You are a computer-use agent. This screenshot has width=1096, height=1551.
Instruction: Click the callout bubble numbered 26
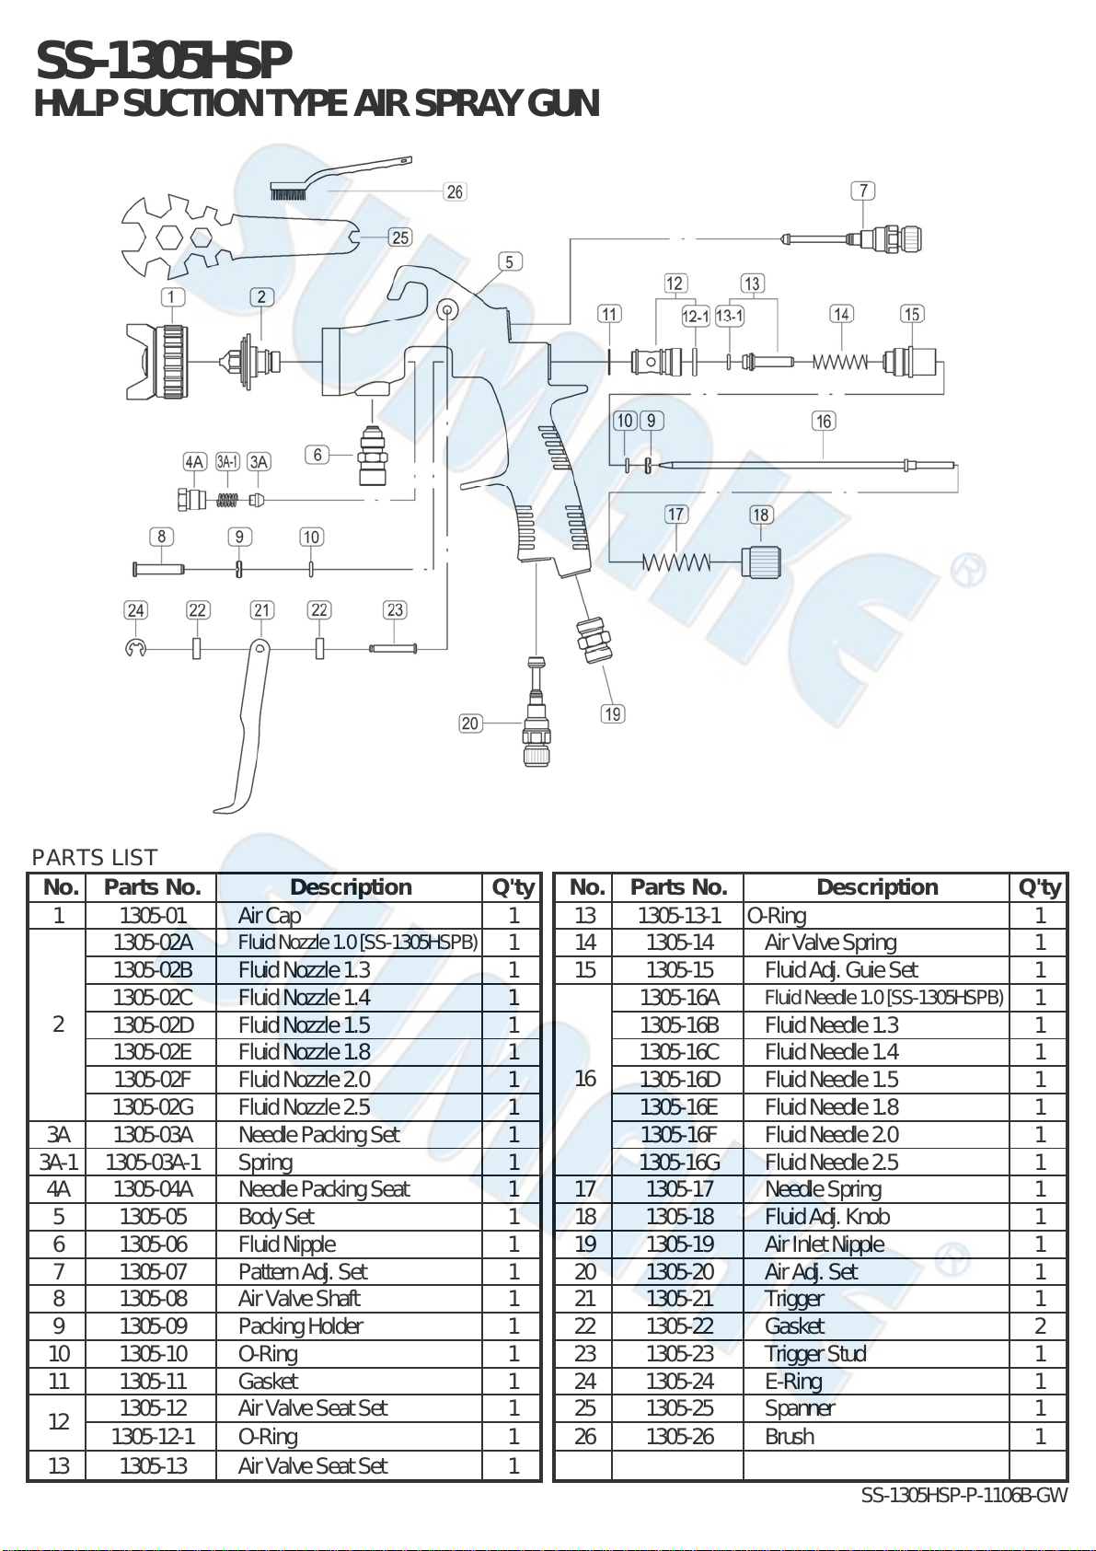pos(455,191)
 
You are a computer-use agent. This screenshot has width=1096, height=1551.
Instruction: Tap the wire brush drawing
pos(340,178)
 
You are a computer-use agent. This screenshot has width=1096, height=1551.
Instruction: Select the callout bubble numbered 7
pos(863,191)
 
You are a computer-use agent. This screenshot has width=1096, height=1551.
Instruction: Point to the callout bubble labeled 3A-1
pos(228,462)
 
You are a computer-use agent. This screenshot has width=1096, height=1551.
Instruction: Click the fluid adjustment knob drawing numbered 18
pos(761,561)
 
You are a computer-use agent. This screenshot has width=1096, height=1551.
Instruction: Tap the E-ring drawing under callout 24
pos(135,648)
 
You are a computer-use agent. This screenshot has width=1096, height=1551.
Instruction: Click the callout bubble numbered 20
pos(469,723)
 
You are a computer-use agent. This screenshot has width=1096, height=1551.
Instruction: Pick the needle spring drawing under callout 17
pos(676,562)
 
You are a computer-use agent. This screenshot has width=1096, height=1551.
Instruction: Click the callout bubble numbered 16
pos(824,421)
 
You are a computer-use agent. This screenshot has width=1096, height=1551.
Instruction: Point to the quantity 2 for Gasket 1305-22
pos(1040,1326)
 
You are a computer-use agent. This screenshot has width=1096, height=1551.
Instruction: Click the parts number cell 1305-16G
pos(679,1161)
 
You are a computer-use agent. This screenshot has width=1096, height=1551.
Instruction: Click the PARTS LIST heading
pos(95,858)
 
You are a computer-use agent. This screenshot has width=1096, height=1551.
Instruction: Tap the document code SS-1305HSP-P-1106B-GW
pos(964,1495)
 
